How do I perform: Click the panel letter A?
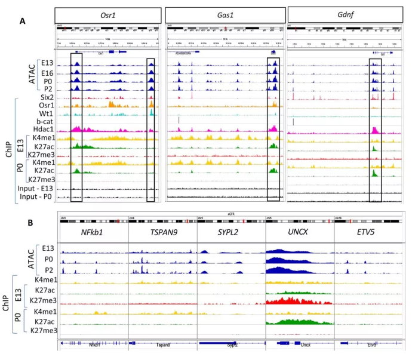pos(22,21)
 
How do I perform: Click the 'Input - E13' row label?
pos(36,189)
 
